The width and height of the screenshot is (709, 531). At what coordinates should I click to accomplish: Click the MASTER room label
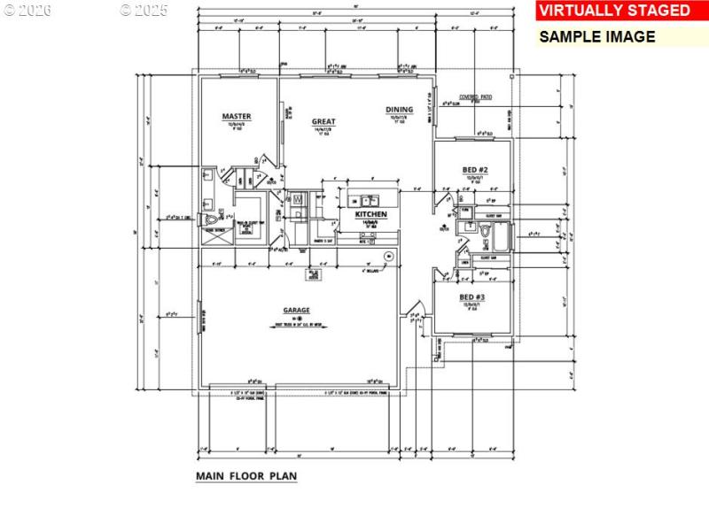click(x=237, y=116)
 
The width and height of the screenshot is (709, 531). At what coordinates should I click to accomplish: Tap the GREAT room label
click(x=323, y=121)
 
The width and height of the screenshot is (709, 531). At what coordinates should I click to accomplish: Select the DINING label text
click(x=399, y=110)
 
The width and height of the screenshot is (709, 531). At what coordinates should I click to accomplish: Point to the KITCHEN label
click(x=370, y=215)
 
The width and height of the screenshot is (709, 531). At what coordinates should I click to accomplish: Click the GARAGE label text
click(x=296, y=311)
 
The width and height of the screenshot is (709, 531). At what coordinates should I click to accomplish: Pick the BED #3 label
click(x=471, y=297)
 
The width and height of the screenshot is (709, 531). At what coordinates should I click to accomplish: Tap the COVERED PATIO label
click(x=475, y=96)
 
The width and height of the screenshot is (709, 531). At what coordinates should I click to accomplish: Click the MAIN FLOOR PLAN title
click(x=246, y=476)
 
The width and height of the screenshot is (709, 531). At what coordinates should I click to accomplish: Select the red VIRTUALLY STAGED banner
click(x=614, y=11)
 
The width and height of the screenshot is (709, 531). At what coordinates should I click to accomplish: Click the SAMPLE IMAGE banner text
click(x=597, y=37)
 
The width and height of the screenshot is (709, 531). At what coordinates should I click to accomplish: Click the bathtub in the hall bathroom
click(x=501, y=237)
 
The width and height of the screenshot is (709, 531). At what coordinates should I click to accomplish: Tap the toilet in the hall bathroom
click(x=484, y=232)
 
